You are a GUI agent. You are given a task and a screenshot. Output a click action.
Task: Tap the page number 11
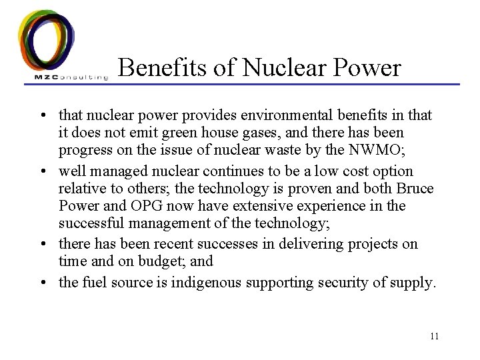pos(434,336)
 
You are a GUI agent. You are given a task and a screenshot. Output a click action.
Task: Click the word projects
pos(367,245)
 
